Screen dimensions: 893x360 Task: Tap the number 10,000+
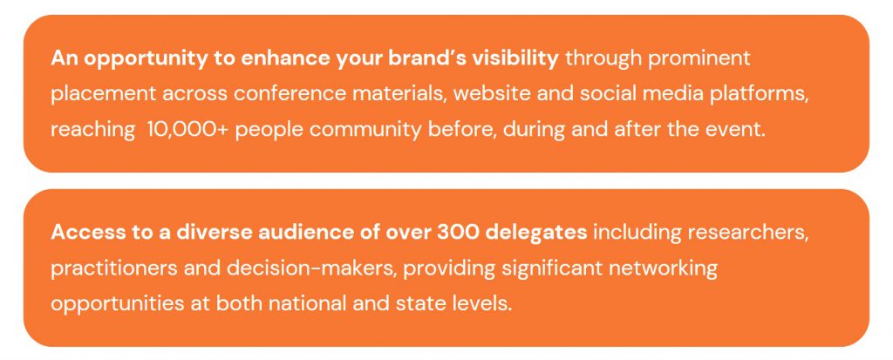tap(188, 130)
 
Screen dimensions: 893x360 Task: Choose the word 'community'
tap(365, 131)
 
